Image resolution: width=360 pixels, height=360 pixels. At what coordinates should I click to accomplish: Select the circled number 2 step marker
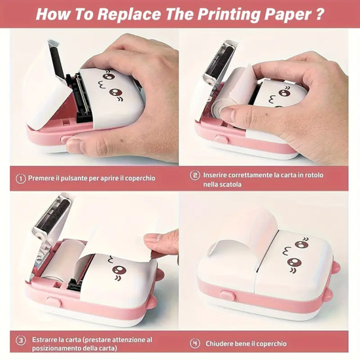[194, 175]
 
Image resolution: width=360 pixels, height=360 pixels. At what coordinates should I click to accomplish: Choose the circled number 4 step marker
[194, 342]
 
